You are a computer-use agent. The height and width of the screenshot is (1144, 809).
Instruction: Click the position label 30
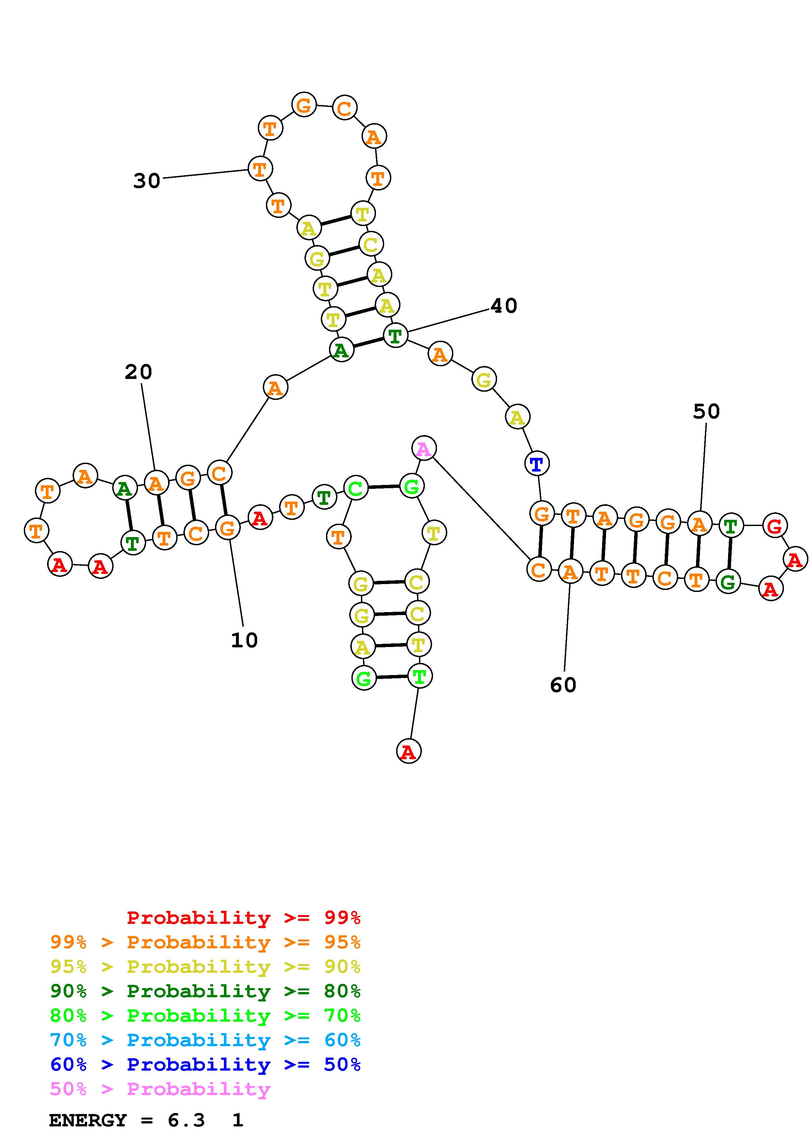[x=147, y=180]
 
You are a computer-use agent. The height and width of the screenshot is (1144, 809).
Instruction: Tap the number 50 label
[x=706, y=412]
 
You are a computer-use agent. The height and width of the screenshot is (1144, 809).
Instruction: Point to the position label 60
[x=563, y=685]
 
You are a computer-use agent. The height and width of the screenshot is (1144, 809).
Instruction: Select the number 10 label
[x=244, y=640]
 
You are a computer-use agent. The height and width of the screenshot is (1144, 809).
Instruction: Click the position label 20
[x=138, y=372]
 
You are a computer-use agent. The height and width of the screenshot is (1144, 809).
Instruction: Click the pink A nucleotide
[x=424, y=448]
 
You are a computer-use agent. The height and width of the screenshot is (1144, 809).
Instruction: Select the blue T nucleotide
[x=537, y=464]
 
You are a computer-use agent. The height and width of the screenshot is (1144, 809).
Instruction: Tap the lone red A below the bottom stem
[x=409, y=751]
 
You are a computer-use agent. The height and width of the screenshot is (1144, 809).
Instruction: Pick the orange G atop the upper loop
[x=303, y=105]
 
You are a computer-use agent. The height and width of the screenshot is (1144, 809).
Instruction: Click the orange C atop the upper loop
[x=344, y=108]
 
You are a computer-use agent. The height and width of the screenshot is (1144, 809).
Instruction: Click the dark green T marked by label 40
[x=395, y=335]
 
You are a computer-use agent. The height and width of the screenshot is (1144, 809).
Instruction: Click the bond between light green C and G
[x=383, y=487]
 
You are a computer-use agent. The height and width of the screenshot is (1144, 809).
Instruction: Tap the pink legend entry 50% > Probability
[x=160, y=1089]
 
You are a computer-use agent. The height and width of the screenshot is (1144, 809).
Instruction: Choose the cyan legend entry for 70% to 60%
[x=205, y=1040]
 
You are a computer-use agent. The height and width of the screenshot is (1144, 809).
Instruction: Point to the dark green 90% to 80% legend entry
[x=205, y=991]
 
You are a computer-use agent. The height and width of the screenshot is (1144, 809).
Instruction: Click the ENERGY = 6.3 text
[x=127, y=1121]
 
